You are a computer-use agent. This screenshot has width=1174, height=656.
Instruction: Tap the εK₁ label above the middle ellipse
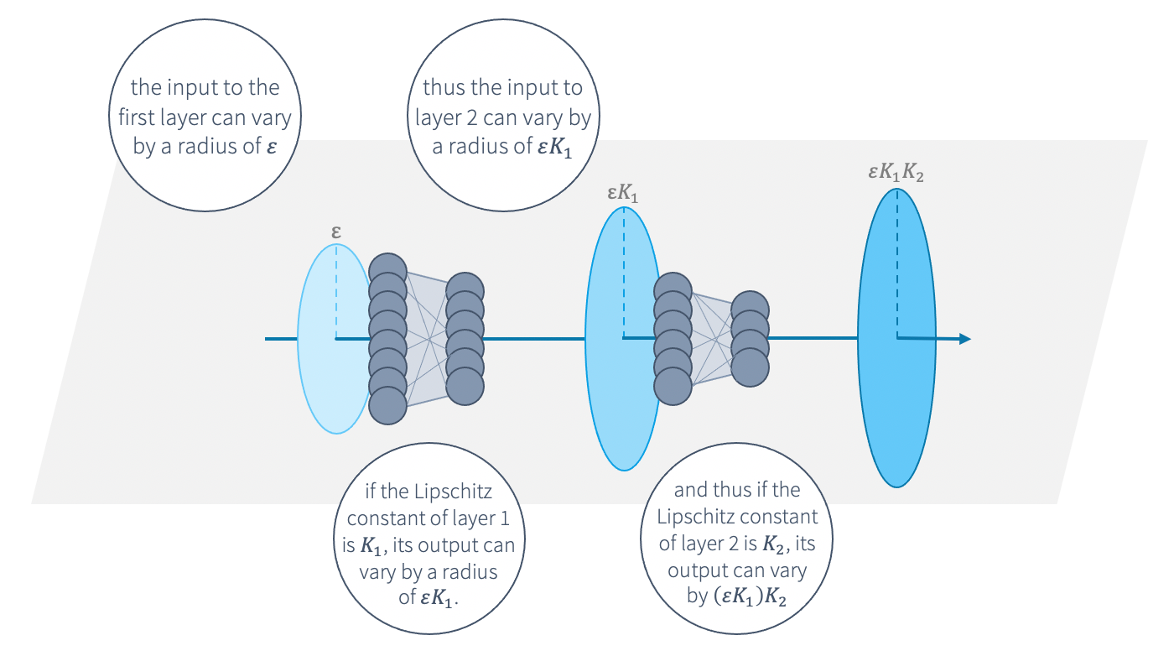tap(624, 195)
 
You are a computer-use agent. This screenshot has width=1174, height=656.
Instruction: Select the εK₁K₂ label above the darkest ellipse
tap(896, 175)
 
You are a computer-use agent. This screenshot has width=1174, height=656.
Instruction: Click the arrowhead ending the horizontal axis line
tap(965, 339)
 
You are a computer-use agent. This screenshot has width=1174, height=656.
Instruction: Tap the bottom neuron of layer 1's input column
tap(387, 405)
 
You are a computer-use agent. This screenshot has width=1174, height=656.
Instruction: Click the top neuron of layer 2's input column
tap(673, 290)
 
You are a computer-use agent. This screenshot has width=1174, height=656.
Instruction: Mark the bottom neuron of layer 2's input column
tap(673, 386)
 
